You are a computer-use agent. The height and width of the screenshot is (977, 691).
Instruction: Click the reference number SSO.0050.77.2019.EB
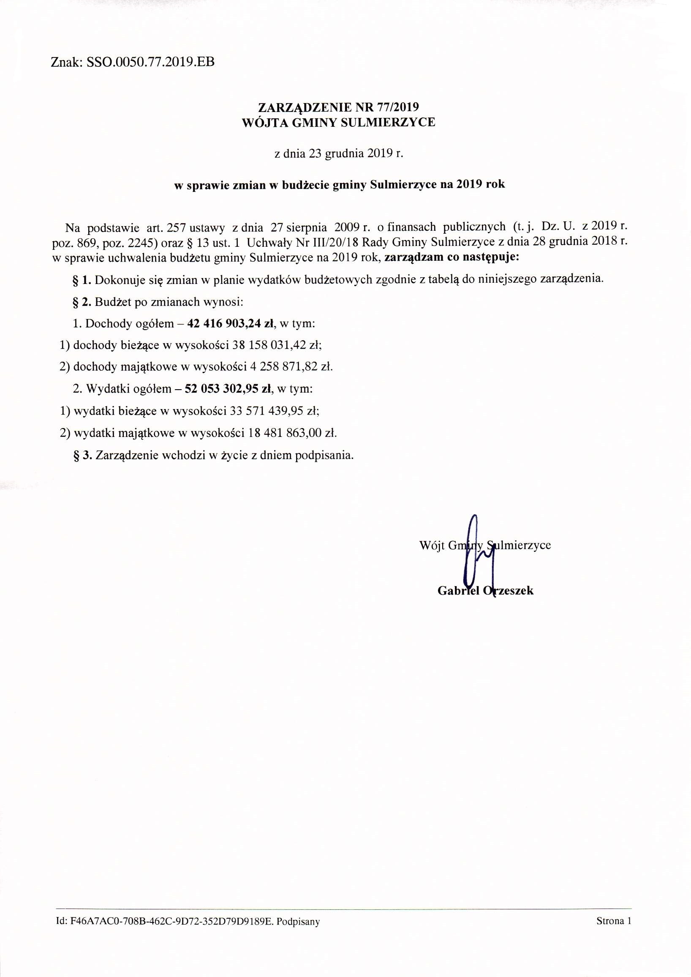point(150,62)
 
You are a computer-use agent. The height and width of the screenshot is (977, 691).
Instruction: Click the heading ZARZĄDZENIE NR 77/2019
point(338,107)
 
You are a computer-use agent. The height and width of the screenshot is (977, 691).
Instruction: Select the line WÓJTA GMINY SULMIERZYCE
point(338,123)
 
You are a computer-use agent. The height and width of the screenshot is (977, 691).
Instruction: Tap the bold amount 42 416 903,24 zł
point(230,324)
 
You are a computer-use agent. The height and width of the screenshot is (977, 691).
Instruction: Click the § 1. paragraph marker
point(82,280)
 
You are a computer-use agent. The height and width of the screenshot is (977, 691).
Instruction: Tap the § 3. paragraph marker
point(83,455)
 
